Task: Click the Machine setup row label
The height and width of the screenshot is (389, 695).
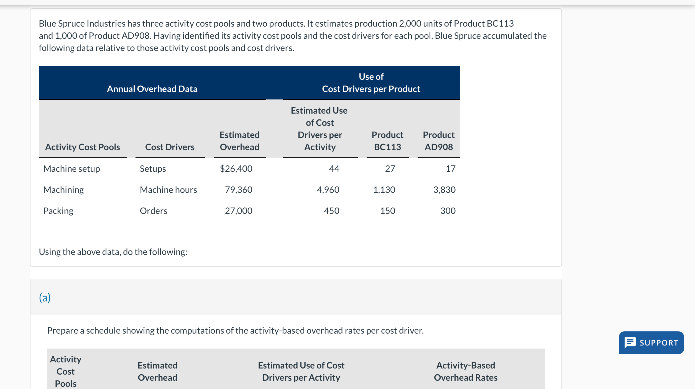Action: point(71,169)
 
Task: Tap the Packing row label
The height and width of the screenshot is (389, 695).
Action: point(58,211)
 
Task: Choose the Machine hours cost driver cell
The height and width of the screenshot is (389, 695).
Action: point(168,190)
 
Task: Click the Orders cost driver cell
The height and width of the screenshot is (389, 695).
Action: point(153,211)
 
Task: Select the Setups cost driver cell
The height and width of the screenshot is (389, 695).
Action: point(153,169)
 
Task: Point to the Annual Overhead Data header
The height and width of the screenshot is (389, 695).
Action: point(152,89)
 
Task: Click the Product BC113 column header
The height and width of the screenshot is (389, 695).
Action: point(387,141)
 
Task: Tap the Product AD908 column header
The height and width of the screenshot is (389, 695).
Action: point(439,141)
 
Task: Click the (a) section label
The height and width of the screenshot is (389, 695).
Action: point(45,298)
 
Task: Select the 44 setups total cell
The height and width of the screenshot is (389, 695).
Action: point(334,169)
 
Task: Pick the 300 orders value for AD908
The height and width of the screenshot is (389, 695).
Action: point(448,211)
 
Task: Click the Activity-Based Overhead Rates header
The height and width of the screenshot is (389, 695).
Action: point(466,371)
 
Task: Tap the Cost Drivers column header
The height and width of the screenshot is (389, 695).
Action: point(170,147)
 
